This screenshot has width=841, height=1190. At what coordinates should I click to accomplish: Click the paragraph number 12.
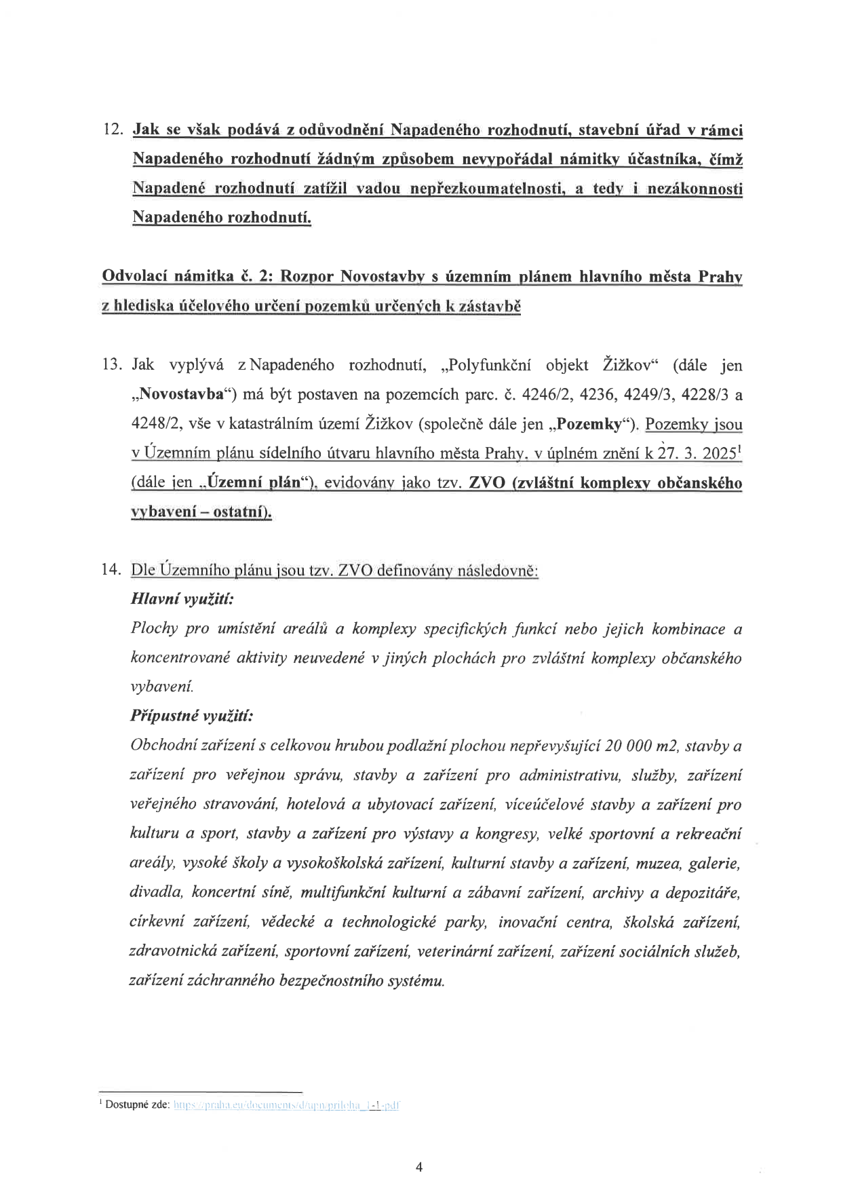click(111, 129)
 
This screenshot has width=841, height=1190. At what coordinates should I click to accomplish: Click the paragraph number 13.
click(111, 365)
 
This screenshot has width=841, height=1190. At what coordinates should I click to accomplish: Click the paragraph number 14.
click(111, 569)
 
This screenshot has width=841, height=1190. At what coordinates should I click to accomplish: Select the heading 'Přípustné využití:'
click(192, 716)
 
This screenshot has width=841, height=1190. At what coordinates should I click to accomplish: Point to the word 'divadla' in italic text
click(155, 893)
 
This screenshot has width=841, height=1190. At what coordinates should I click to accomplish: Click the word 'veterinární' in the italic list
click(454, 952)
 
